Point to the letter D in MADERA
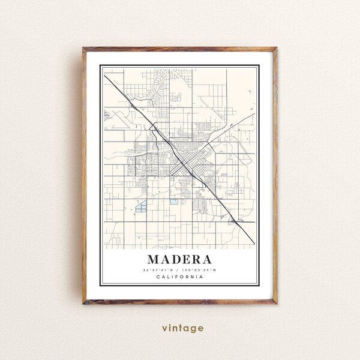click(x=175, y=260)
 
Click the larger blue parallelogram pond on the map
click(x=142, y=208)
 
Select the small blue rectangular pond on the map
click(x=174, y=202)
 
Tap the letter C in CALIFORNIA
click(x=158, y=277)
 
